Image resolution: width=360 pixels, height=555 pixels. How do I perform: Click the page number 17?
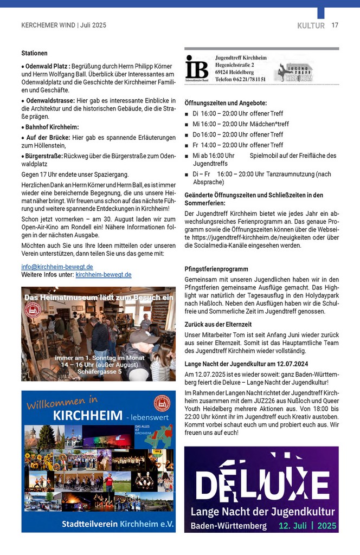click(335, 25)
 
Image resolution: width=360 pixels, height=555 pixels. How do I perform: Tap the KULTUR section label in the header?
click(311, 25)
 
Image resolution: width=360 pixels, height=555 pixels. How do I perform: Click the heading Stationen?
click(34, 54)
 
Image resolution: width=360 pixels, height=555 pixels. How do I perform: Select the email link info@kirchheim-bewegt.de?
click(57, 267)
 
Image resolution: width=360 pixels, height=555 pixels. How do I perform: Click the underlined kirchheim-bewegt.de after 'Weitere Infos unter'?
click(103, 275)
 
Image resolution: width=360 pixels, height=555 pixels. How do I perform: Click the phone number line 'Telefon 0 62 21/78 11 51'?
click(240, 79)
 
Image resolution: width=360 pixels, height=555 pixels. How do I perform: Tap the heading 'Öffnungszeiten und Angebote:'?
click(226, 103)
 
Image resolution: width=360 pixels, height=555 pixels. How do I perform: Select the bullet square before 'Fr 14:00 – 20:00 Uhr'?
click(187, 145)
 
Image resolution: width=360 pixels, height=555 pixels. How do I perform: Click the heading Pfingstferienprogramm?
click(216, 269)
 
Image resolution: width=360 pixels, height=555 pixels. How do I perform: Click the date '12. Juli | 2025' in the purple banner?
click(307, 526)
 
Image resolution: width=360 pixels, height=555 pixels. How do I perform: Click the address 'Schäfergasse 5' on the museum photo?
click(100, 372)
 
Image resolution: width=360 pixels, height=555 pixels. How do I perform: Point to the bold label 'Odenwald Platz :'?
click(47, 66)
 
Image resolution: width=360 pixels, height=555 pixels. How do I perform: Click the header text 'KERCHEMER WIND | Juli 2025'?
click(63, 25)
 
